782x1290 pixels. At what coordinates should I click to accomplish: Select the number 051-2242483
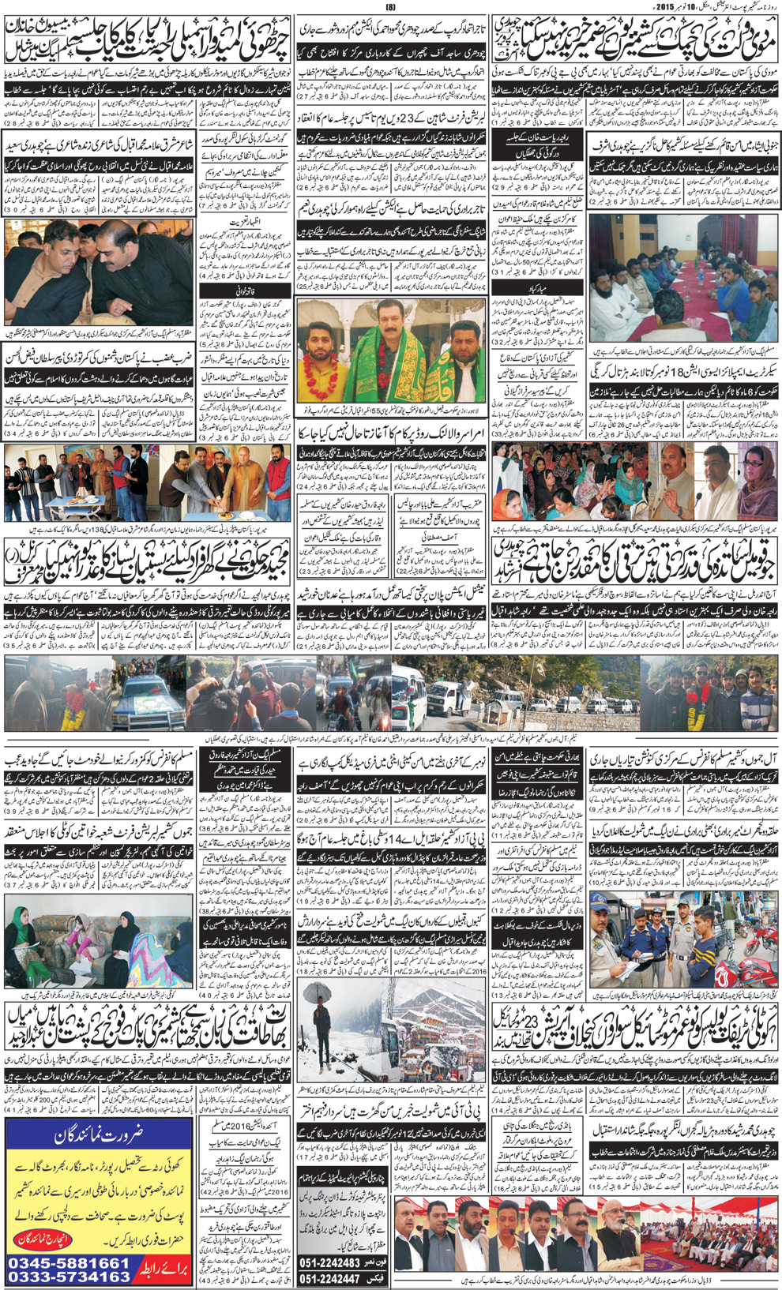(x=340, y=1263)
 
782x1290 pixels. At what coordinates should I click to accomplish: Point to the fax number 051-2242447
(x=340, y=1278)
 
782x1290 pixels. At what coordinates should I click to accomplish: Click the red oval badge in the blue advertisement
(x=44, y=1239)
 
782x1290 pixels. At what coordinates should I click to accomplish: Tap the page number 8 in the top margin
(x=389, y=7)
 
